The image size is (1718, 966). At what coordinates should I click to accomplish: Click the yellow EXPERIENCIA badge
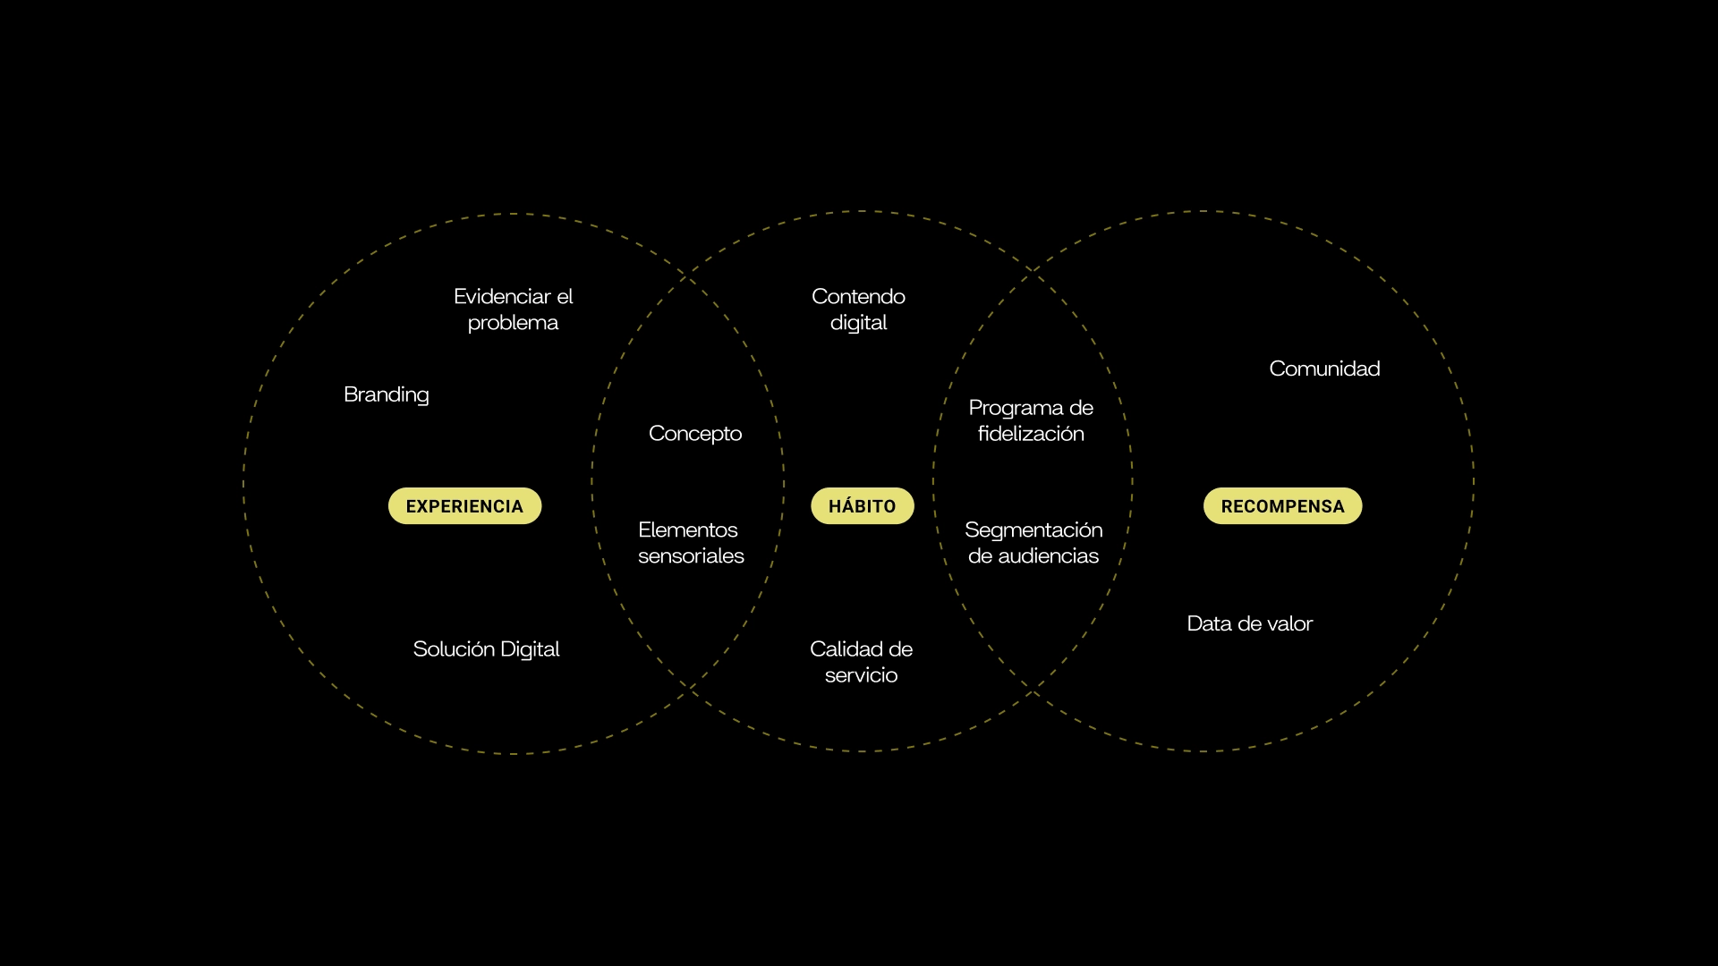(464, 506)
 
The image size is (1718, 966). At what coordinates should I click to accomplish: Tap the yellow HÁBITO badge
(862, 506)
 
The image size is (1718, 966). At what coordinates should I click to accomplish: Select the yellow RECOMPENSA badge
(1282, 506)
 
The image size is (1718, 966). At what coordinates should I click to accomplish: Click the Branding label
(387, 394)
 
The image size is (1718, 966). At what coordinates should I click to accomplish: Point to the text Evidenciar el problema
(513, 309)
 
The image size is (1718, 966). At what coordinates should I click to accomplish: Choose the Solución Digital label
(486, 649)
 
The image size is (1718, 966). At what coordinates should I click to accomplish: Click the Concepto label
(695, 434)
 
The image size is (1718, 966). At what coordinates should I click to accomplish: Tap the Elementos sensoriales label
(691, 543)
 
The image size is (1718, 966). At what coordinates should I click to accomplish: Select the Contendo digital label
(858, 309)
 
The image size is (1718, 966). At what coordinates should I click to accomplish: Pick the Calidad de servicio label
(861, 662)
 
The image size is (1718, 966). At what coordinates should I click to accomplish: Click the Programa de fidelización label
(1031, 420)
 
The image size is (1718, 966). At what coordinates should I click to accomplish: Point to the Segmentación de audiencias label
(1033, 543)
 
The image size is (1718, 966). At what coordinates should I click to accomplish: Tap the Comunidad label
(1324, 369)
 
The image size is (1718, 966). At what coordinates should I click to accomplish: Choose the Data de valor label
(1249, 623)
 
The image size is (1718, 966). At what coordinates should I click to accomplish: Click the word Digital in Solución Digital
(530, 649)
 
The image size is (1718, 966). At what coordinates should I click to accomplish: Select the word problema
(513, 323)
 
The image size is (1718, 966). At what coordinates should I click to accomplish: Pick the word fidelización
(1031, 434)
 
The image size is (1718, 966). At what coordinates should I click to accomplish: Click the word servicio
(861, 675)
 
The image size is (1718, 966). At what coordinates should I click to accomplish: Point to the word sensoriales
(691, 556)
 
